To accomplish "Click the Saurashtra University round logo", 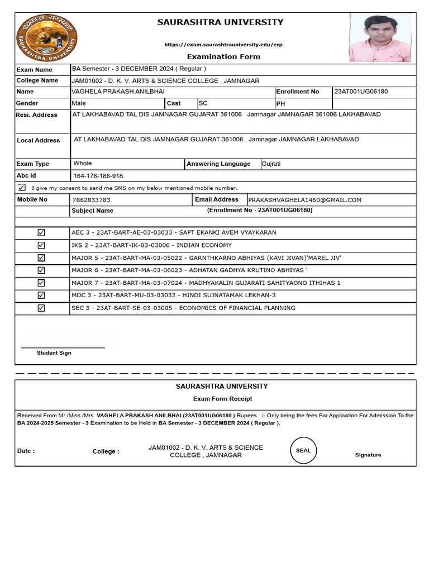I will (x=47, y=38).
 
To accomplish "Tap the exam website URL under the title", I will (x=223, y=44).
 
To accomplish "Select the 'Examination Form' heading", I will (x=223, y=56).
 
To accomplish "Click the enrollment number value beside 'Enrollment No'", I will (x=361, y=92).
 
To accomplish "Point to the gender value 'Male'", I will (x=79, y=103).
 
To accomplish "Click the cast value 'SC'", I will (x=203, y=103).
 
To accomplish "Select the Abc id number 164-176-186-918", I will (x=98, y=176).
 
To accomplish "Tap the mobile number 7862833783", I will (x=92, y=199).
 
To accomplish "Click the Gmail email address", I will (x=304, y=199).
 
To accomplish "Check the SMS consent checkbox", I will (x=22, y=187).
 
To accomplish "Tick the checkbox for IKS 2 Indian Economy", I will (x=41, y=245).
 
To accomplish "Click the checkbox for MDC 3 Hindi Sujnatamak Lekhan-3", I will (x=41, y=295).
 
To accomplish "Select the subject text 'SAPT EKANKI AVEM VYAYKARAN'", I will (x=227, y=232).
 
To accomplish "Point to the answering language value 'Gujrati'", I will (x=272, y=164).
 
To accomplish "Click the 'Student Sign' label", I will (x=54, y=353).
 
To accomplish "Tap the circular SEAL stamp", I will (x=303, y=450).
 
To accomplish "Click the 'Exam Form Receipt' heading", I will (x=222, y=399).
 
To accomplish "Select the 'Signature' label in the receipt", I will (x=368, y=455).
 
